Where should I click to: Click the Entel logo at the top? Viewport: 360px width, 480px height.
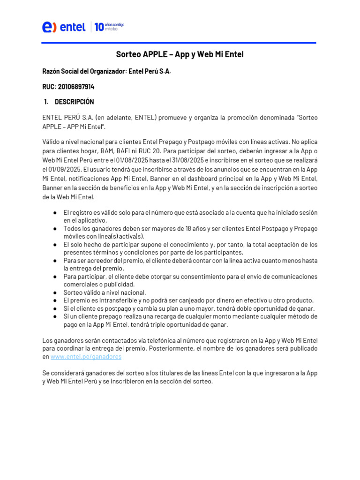coord(64,27)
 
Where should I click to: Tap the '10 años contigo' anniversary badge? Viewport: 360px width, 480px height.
coord(109,27)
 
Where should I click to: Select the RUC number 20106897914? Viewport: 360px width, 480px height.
coord(76,87)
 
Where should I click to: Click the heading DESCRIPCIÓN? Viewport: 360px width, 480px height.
coord(74,102)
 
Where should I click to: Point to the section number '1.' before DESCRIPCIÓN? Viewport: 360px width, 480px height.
coord(46,102)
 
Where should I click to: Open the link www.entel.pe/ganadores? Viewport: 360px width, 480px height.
coord(86,357)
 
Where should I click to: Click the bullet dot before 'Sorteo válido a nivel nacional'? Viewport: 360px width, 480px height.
coord(55,292)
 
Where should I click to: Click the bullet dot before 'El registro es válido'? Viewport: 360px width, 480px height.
coord(55,212)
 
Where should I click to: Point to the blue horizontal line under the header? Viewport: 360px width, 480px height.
coord(179,43)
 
